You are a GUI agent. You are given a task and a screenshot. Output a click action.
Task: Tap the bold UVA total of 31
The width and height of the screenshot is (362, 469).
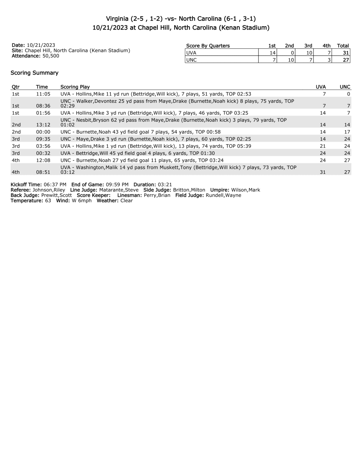click(346, 53)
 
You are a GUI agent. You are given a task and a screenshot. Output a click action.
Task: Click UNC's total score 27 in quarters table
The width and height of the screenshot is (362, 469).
click(346, 60)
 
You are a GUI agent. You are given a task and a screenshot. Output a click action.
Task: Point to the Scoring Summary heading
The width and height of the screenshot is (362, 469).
click(34, 73)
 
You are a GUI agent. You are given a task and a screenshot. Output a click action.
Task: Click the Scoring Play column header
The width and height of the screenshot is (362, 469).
click(75, 87)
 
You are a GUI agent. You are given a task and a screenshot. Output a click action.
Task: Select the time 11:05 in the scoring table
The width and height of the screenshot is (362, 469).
click(43, 94)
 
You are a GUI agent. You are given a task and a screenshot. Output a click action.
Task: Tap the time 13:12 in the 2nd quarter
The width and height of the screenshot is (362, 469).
click(43, 125)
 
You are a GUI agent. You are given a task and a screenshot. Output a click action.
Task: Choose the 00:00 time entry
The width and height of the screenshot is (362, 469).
click(43, 132)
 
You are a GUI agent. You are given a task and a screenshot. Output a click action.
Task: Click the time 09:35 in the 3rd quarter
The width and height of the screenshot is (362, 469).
click(43, 139)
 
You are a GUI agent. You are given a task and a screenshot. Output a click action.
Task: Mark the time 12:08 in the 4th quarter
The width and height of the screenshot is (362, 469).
click(43, 160)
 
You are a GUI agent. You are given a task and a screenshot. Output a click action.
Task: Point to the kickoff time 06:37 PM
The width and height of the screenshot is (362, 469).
click(55, 185)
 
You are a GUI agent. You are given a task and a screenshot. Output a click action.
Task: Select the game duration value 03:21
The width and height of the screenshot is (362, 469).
click(164, 185)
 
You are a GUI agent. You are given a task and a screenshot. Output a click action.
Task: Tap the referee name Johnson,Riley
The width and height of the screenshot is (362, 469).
click(49, 190)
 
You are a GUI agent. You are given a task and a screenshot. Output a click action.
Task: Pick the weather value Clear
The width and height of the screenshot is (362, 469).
click(126, 201)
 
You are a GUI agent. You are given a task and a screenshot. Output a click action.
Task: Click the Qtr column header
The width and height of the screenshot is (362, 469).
click(16, 87)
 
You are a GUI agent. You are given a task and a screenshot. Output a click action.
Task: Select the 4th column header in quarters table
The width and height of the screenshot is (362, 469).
click(326, 46)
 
